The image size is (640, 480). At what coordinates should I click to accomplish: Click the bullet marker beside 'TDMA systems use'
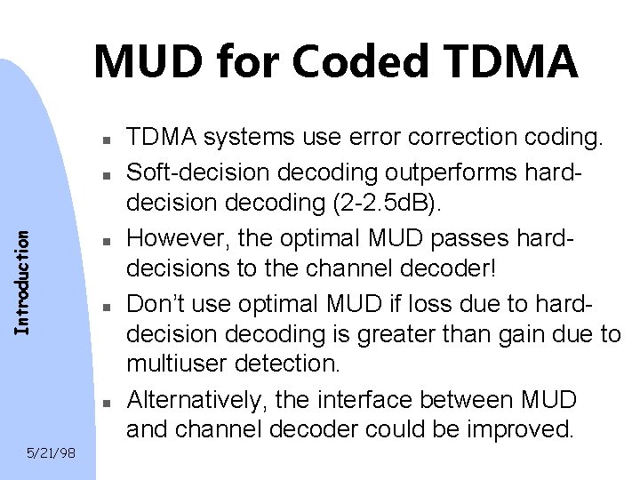[105, 140]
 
